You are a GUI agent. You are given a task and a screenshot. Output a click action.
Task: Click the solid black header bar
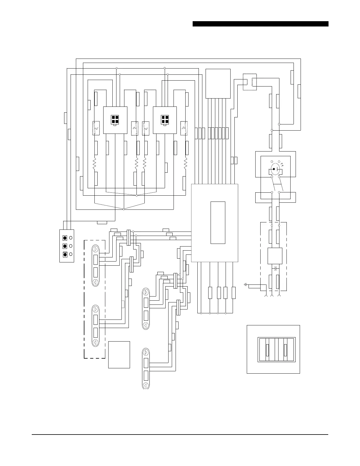260,24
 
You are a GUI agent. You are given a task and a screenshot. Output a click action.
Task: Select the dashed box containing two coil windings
249,82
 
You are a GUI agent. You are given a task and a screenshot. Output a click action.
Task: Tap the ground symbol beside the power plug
245,284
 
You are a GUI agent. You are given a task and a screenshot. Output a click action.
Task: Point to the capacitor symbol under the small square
275,268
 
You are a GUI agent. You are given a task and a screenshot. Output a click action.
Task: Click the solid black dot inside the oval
274,169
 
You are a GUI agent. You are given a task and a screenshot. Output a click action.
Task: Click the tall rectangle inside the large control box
218,223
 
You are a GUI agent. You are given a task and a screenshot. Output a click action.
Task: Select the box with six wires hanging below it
218,84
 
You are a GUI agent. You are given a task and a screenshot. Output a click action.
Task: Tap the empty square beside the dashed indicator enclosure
119,355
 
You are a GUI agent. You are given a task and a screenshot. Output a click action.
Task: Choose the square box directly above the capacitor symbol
275,256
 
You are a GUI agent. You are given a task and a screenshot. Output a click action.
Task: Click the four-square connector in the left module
115,120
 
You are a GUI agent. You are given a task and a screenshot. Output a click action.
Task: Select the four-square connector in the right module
165,120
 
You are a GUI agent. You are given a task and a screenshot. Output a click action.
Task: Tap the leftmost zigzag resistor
95,164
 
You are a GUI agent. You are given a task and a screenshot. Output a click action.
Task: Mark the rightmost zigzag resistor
186,164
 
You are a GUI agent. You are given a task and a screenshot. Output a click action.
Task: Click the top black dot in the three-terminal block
65,237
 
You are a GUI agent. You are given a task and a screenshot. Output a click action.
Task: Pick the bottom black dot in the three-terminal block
65,254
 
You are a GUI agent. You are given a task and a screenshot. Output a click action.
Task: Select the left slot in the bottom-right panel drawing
267,349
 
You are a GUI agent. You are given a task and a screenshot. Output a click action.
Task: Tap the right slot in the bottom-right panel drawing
285,349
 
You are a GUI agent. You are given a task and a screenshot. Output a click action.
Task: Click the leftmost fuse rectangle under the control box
210,292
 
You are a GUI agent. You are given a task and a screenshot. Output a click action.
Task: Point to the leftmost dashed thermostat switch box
96,128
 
